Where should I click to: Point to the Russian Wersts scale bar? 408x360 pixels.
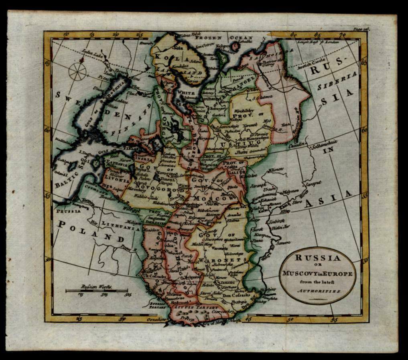tap(96, 290)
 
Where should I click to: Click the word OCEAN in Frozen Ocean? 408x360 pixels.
tap(241, 37)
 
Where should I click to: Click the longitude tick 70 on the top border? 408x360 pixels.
tap(341, 35)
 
